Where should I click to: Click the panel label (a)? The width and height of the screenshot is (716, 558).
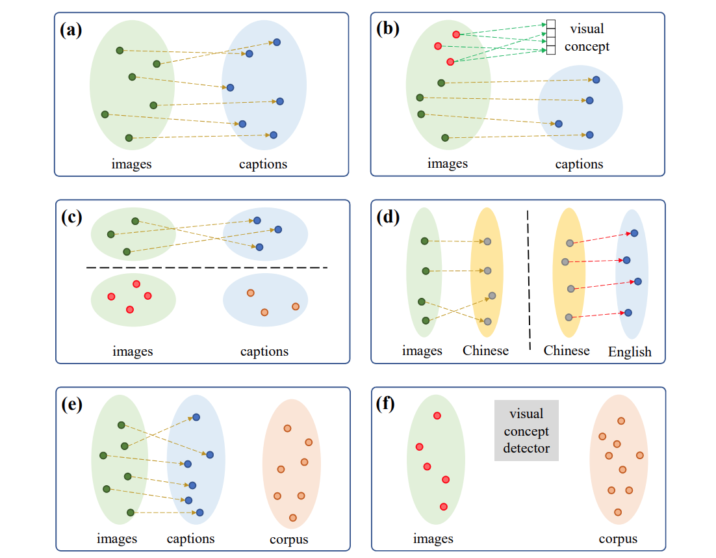tap(71, 30)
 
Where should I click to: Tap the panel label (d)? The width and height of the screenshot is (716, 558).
tap(388, 217)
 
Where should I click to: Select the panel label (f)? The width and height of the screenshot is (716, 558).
tap(385, 404)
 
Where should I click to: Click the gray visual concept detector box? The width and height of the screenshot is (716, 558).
tap(526, 431)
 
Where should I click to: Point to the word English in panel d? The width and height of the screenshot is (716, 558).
tap(630, 352)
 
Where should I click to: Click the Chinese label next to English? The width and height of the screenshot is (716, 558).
tap(566, 351)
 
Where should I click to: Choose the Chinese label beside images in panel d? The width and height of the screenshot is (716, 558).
tap(485, 351)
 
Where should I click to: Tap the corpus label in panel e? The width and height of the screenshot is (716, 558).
tap(288, 540)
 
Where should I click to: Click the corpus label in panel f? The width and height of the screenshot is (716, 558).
tap(618, 539)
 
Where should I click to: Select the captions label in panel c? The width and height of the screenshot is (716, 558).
tap(264, 351)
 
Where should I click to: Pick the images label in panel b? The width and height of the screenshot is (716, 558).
tap(448, 164)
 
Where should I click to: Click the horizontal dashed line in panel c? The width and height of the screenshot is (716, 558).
tap(207, 267)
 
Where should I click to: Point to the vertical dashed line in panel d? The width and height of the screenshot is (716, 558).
tap(529, 280)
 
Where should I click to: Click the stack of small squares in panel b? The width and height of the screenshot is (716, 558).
tap(551, 37)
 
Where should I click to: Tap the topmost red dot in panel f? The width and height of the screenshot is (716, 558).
tap(437, 416)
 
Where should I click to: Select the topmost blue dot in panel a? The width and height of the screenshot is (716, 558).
tap(277, 42)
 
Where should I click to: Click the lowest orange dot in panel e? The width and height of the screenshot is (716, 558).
tap(292, 518)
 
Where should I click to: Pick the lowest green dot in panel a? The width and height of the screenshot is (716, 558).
tap(129, 138)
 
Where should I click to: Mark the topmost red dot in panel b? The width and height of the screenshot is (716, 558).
tap(455, 34)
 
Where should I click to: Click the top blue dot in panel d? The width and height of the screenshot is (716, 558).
tap(634, 233)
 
